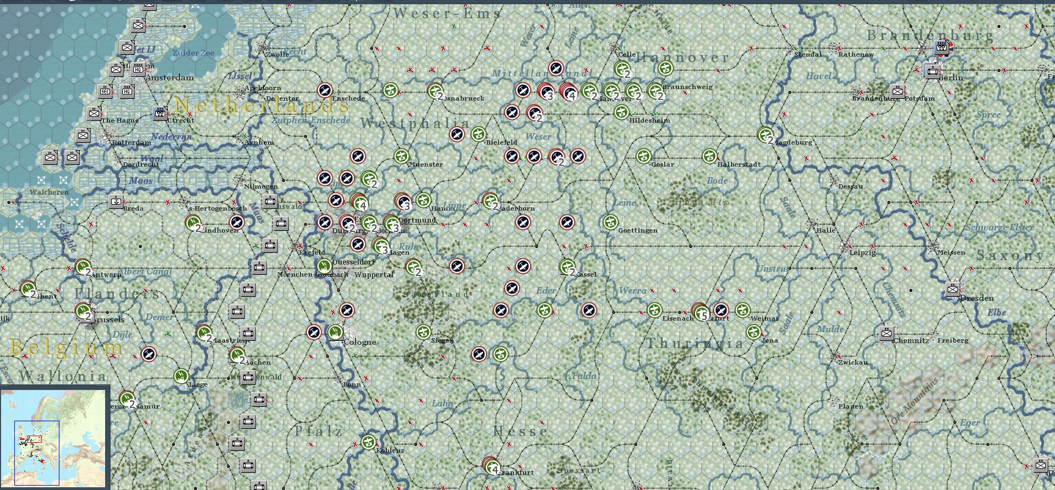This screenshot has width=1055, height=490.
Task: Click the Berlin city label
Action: [x=951, y=78]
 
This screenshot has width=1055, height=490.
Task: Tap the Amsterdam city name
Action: [x=170, y=78]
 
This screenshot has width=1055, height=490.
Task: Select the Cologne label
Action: [x=360, y=342]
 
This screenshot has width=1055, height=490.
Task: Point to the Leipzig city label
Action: [x=862, y=252]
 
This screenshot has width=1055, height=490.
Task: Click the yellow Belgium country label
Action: [x=66, y=348]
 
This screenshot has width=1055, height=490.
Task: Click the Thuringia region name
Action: [x=695, y=344]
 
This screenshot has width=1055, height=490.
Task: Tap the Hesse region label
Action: [x=520, y=431]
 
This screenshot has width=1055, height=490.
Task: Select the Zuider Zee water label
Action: [x=193, y=53]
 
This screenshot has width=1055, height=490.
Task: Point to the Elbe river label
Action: [x=996, y=312]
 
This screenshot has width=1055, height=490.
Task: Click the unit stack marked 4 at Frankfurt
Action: [x=491, y=466]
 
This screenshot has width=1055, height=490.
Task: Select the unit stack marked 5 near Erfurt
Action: [x=700, y=312]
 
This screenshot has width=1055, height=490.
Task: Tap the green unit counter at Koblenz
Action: [x=368, y=442]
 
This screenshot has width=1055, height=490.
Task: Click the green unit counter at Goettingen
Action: [x=610, y=222]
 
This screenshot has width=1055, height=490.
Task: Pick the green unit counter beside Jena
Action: [x=753, y=332]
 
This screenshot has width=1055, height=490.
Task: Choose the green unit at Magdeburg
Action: [x=765, y=134]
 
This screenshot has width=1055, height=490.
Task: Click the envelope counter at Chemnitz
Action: [x=886, y=333]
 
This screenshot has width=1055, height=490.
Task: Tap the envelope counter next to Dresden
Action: [x=953, y=289]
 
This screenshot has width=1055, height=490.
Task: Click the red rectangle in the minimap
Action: [x=34, y=439]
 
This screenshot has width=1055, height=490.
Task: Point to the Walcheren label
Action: [x=49, y=192]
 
